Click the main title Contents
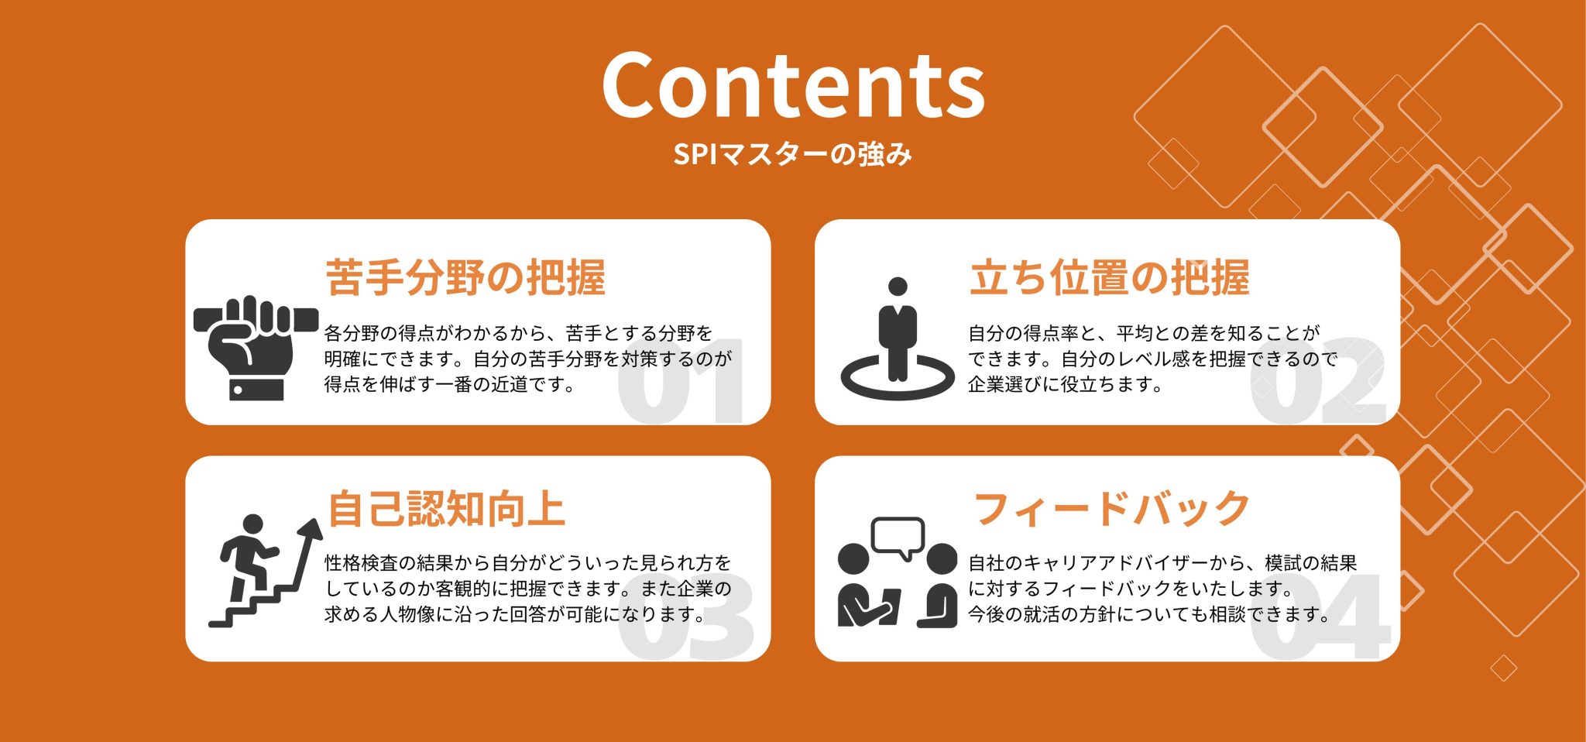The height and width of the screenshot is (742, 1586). pyautogui.click(x=793, y=85)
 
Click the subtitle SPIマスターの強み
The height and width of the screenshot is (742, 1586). pyautogui.click(x=793, y=154)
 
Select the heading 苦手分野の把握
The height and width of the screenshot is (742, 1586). pyautogui.click(x=465, y=277)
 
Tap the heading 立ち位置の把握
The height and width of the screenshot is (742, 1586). pyautogui.click(x=1109, y=277)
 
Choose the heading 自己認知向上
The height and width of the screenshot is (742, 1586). pyautogui.click(x=446, y=509)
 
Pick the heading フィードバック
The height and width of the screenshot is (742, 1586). pyautogui.click(x=1111, y=509)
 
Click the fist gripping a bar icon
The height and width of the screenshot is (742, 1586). pyautogui.click(x=256, y=348)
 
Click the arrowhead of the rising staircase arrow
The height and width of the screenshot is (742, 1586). pyautogui.click(x=311, y=530)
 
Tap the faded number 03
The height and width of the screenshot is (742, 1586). pyautogui.click(x=686, y=617)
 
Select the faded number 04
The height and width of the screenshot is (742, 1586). pyautogui.click(x=1320, y=617)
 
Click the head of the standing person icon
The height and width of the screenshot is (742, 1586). pyautogui.click(x=898, y=287)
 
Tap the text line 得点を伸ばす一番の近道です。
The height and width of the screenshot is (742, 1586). pyautogui.click(x=450, y=384)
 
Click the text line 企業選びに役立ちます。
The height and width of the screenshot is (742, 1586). pyautogui.click(x=1066, y=384)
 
